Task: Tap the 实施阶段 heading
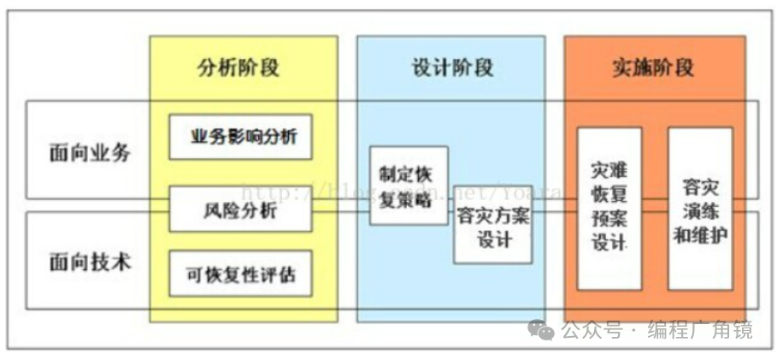coord(655,67)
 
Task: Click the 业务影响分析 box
coord(240,136)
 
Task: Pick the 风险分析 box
coord(240,209)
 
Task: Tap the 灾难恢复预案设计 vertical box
coord(609,208)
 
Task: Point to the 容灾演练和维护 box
coord(700,208)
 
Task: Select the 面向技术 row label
coord(90,261)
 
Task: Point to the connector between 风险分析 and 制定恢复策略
coord(340,206)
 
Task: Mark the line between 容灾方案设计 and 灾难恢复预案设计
coord(555,206)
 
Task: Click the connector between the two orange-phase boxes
coord(655,206)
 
